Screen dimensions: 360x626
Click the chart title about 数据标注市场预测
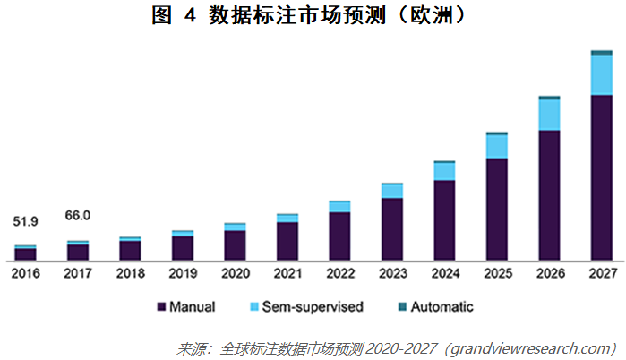(313, 16)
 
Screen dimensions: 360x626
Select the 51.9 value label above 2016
(25, 221)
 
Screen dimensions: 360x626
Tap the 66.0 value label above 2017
(78, 216)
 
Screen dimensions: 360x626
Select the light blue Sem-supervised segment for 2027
(601, 74)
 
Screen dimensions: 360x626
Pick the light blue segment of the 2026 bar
(549, 115)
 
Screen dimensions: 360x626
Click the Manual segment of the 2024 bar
(444, 220)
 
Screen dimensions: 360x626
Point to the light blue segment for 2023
(391, 191)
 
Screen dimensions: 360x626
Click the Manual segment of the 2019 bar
(183, 248)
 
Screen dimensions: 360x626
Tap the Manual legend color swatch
(161, 307)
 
